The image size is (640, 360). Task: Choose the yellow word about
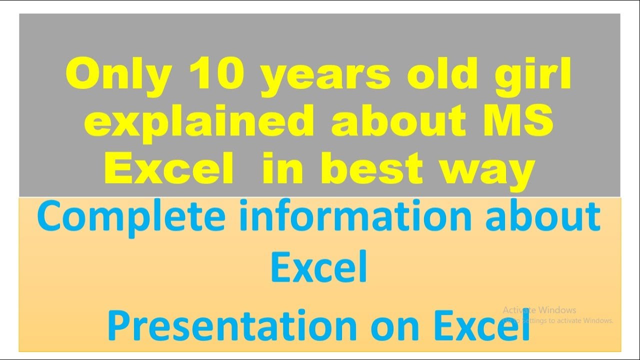coord(397,121)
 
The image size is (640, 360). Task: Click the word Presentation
coord(231,325)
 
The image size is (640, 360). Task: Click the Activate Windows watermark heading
coord(539,310)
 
